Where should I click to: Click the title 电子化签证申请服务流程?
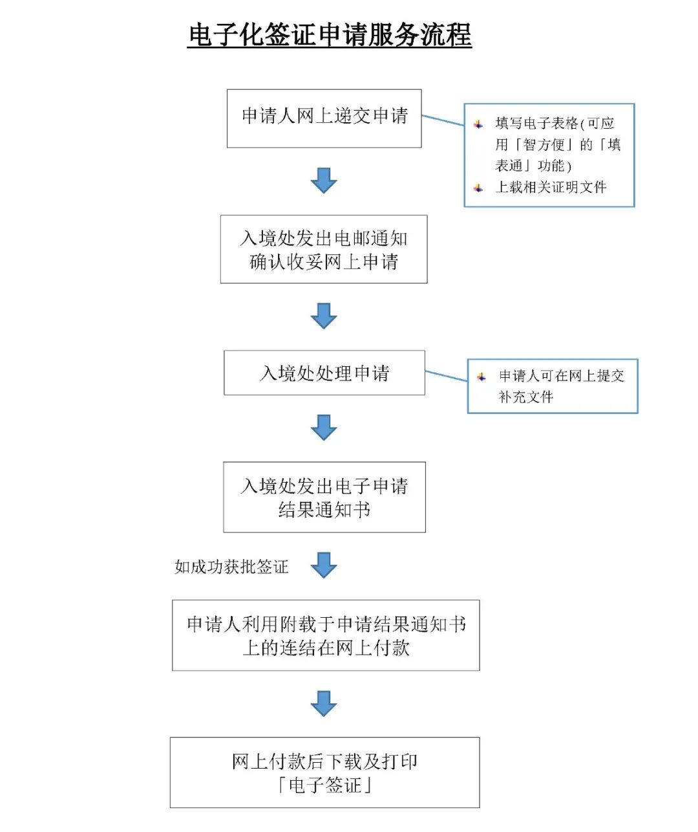click(330, 35)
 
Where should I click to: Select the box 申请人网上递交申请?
click(324, 118)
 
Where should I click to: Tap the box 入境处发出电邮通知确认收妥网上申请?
click(324, 250)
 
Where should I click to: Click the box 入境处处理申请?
click(324, 373)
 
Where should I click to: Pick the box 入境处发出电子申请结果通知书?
click(324, 498)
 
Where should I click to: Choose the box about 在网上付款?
click(326, 635)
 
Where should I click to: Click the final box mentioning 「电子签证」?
click(324, 772)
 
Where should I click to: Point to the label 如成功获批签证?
click(231, 567)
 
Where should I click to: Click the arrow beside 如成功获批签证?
click(324, 565)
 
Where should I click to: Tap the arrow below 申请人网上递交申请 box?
click(324, 181)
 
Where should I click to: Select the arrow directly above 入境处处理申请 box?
click(324, 316)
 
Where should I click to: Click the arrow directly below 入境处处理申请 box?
click(324, 428)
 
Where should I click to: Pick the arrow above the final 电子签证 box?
click(324, 703)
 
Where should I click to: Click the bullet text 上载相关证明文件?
click(551, 188)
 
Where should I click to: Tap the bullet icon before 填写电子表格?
click(478, 124)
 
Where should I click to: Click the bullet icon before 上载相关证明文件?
click(478, 188)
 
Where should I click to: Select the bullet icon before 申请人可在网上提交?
click(481, 377)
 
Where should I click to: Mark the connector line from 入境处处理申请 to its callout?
click(446, 376)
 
